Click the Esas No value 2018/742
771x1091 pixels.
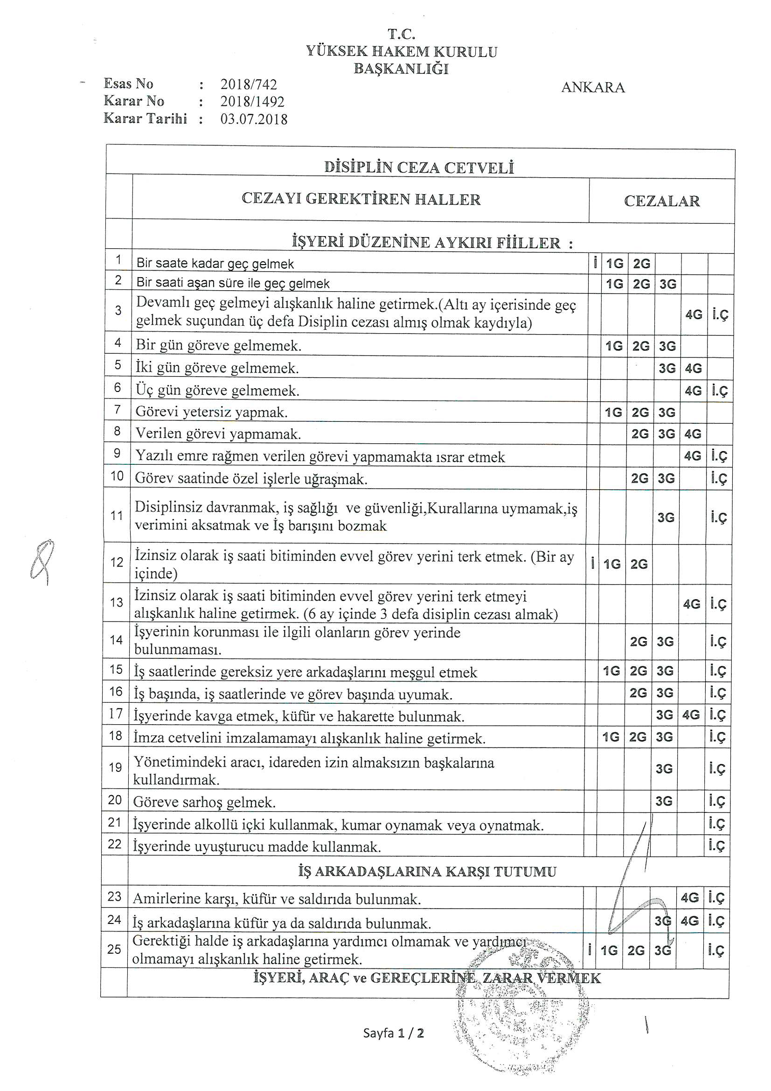point(249,84)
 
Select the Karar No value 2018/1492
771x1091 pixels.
point(252,102)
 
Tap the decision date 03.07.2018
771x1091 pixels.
point(254,119)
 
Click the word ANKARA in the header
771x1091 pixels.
point(593,87)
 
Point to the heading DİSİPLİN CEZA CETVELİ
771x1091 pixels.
point(419,167)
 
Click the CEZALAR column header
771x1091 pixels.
point(662,201)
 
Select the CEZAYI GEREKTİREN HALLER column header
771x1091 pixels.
point(361,199)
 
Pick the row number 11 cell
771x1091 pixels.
point(117,516)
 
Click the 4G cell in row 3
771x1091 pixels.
point(694,315)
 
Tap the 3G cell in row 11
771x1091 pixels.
point(666,518)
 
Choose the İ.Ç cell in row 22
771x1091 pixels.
point(716,846)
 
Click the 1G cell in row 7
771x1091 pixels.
point(613,413)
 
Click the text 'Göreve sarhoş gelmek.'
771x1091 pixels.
point(204,802)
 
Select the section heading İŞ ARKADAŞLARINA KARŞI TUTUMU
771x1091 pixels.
point(427,872)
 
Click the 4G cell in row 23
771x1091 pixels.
point(690,898)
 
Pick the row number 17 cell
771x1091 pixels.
point(115,713)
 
